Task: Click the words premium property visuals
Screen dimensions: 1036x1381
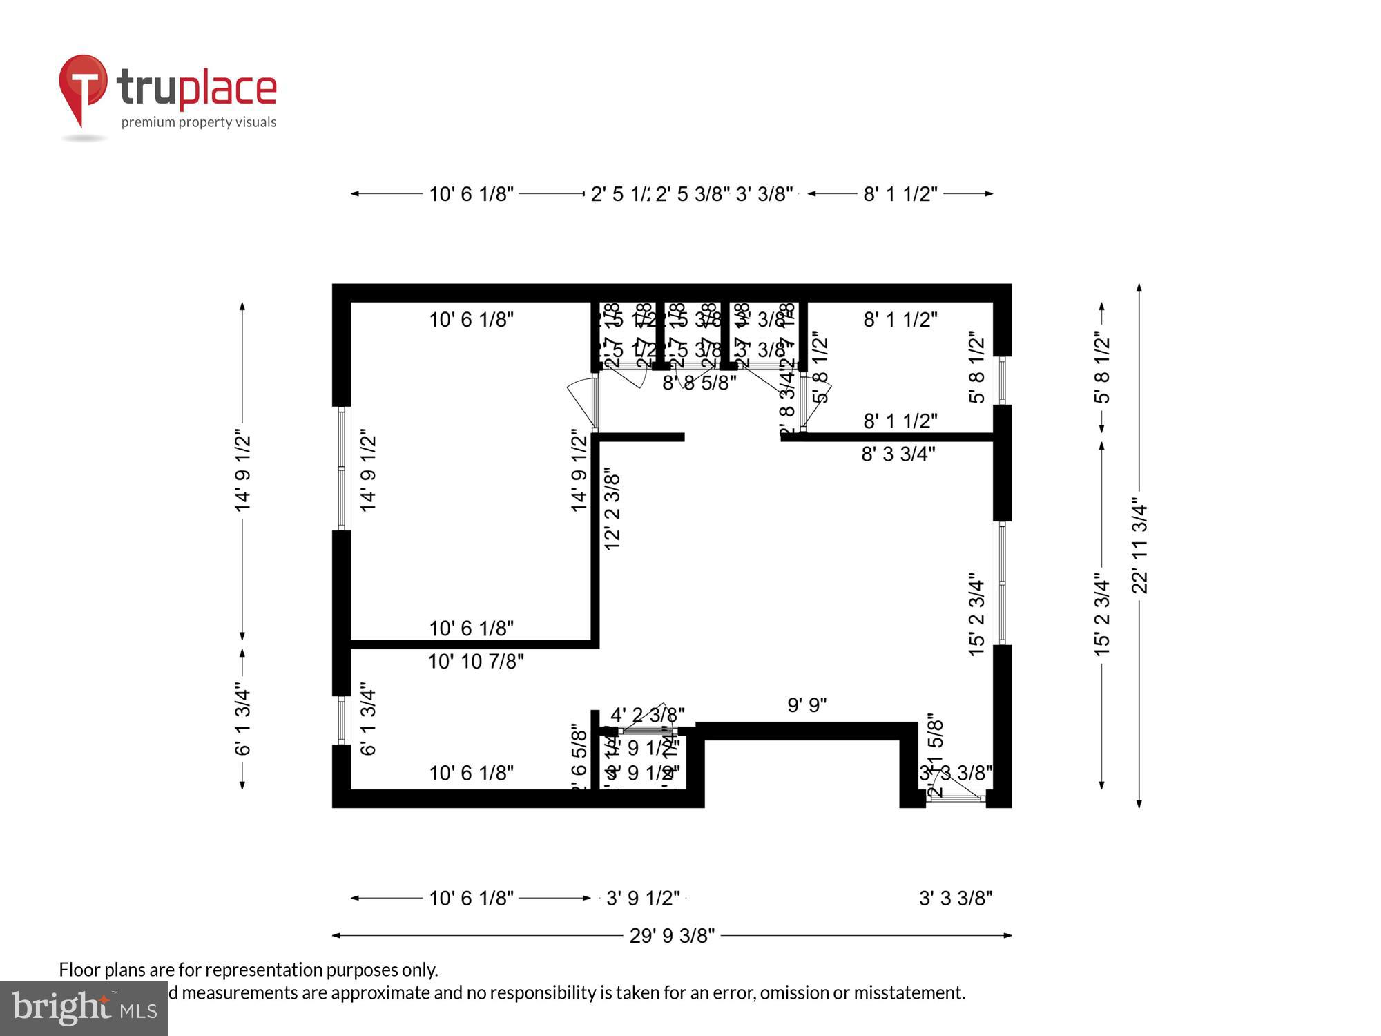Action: (199, 122)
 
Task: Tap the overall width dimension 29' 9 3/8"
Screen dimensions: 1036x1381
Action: (672, 936)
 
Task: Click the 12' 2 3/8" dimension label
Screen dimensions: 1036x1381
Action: (612, 511)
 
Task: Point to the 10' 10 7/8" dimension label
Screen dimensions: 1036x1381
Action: (476, 662)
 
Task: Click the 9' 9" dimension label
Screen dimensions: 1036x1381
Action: (807, 705)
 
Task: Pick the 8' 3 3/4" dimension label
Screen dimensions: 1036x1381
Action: (898, 454)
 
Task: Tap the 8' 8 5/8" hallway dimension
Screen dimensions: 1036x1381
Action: (699, 383)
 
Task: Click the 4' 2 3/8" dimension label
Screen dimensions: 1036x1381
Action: (647, 714)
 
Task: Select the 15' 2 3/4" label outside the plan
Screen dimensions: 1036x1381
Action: (1102, 613)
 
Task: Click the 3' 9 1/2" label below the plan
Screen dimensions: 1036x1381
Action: (643, 898)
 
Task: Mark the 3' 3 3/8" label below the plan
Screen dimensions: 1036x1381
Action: (956, 898)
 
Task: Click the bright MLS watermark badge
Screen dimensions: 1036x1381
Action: (84, 1008)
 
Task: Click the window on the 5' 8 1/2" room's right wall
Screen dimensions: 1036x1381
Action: (1003, 380)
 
